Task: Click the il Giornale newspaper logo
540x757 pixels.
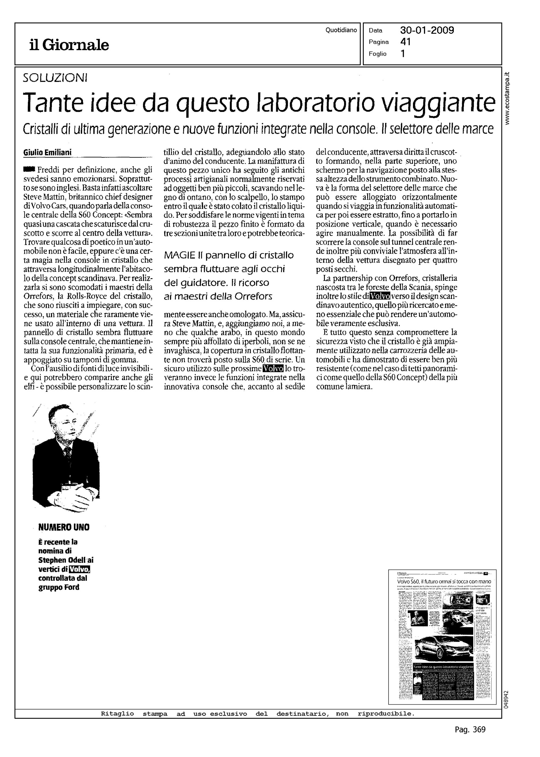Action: pos(69,45)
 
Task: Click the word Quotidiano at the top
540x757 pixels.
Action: pos(341,30)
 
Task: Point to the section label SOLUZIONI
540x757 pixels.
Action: pos(55,78)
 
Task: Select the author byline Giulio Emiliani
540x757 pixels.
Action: pos(48,153)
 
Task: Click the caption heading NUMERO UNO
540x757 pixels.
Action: pos(64,527)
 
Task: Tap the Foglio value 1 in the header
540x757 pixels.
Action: pos(403,54)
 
